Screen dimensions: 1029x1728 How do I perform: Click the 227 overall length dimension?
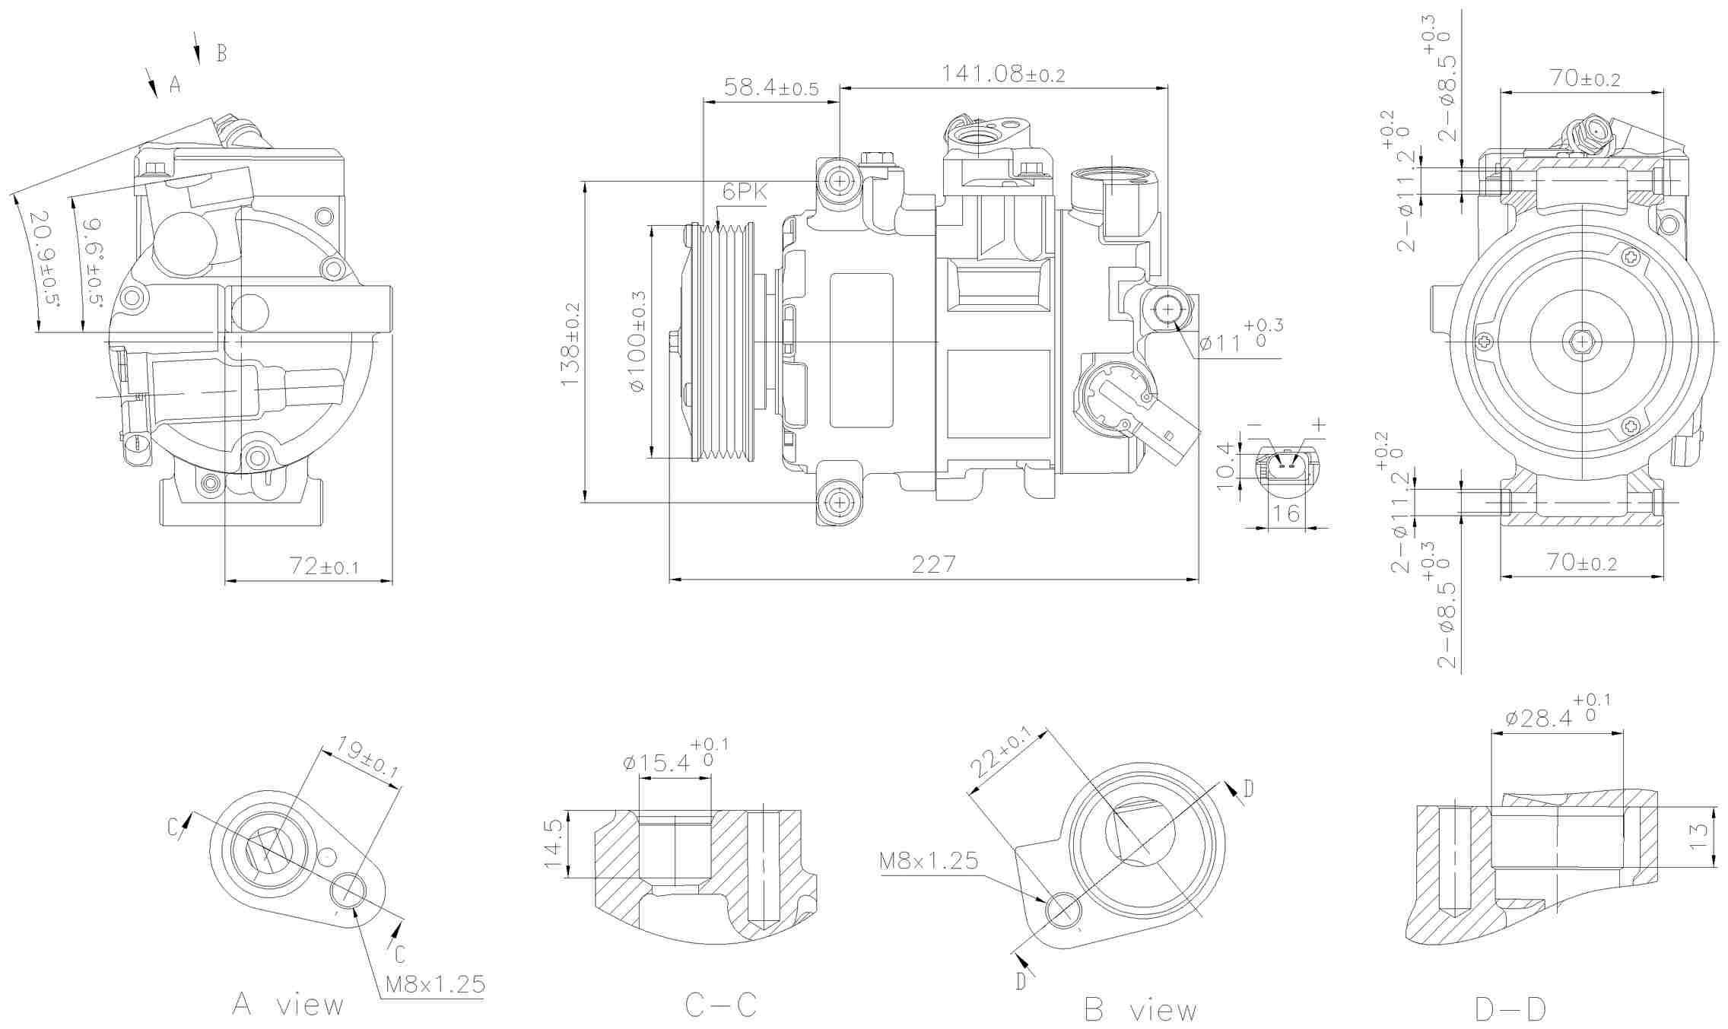[x=933, y=564]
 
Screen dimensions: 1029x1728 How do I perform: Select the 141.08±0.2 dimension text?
[x=1002, y=74]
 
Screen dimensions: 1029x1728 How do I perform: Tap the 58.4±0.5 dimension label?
[x=770, y=87]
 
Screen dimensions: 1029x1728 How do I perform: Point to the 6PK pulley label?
[x=745, y=193]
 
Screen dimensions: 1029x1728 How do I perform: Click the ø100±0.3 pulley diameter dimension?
[x=637, y=341]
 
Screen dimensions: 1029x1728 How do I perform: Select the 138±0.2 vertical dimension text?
[x=571, y=344]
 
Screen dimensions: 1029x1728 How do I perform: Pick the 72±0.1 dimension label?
[x=324, y=566]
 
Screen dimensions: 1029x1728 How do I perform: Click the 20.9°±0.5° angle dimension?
[x=45, y=258]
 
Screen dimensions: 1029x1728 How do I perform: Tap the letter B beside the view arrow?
[x=221, y=53]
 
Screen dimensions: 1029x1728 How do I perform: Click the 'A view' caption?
[x=287, y=1005]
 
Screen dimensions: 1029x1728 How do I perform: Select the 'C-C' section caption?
[x=720, y=1005]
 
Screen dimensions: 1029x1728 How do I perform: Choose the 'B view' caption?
[x=1139, y=1010]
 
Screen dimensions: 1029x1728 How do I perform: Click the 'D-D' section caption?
[x=1510, y=1009]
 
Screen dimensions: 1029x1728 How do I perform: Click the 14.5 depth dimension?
[x=554, y=843]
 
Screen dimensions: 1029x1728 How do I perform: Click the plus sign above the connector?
[x=1319, y=424]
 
